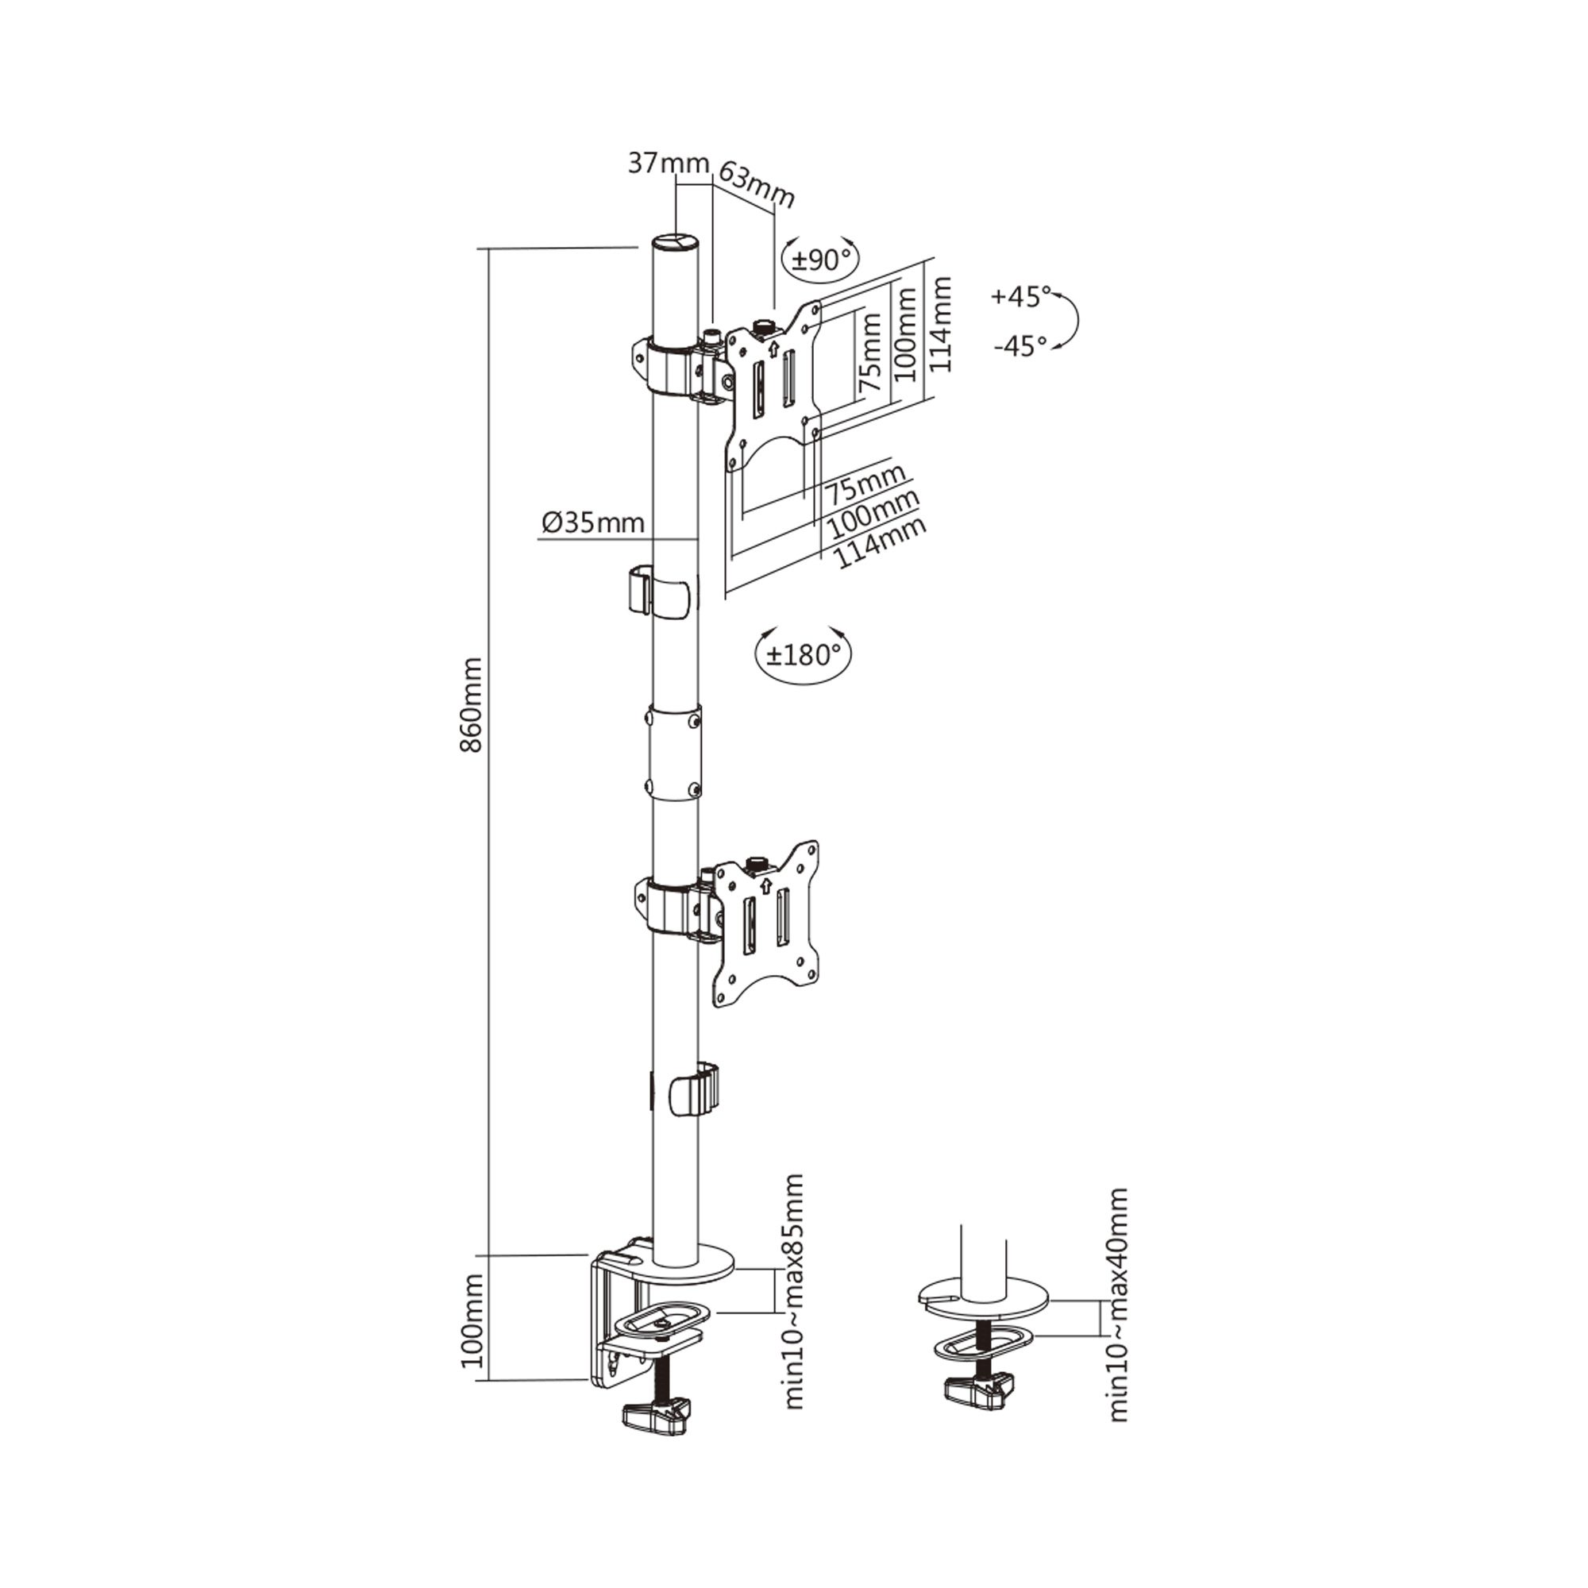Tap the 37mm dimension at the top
669,164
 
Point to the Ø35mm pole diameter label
592,522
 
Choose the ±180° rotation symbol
803,655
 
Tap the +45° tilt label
1021,296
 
